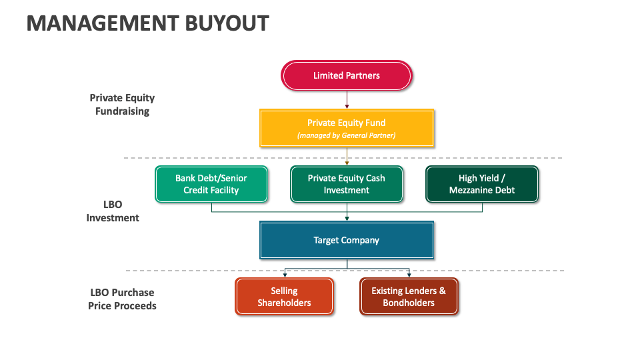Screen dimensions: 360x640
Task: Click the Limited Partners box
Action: (347, 75)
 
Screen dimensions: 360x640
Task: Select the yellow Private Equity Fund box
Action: (347, 128)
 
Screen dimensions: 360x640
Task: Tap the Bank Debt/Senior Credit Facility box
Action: (211, 184)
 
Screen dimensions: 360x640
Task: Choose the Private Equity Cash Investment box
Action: (347, 184)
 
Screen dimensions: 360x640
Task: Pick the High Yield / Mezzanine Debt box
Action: (482, 184)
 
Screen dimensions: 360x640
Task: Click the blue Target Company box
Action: (347, 240)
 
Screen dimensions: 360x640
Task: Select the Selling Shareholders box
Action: (284, 297)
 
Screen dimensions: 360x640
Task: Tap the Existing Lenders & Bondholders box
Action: (409, 297)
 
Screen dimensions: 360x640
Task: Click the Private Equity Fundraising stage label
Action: (122, 105)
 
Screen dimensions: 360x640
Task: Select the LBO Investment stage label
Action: (113, 211)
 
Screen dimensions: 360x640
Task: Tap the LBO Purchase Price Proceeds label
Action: (122, 299)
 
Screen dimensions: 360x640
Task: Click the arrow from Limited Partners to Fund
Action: (347, 99)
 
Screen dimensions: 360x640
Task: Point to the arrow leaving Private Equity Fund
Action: (347, 156)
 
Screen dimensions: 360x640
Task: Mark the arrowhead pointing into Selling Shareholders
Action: (285, 275)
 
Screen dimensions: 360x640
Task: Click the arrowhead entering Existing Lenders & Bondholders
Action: (409, 275)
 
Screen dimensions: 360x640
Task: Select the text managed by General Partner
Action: (347, 135)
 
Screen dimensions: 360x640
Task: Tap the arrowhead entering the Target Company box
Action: (347, 219)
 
